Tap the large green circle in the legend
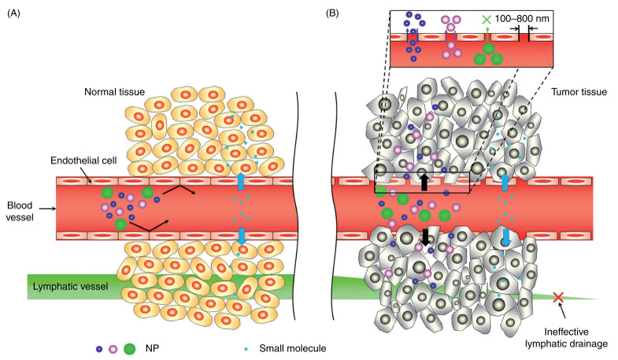(131, 347)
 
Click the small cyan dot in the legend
(246, 347)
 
